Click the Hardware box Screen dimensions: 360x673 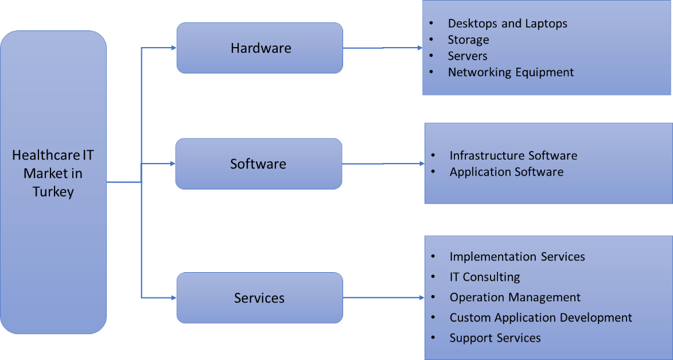(259, 48)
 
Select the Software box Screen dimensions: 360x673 (258, 164)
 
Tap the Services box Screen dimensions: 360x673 (259, 298)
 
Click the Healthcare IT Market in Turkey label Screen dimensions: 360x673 (53, 173)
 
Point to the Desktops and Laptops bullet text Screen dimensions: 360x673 (507, 24)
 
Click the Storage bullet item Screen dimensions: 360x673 (468, 40)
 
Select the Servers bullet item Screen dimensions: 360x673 (468, 56)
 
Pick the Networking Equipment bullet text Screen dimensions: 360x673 (511, 72)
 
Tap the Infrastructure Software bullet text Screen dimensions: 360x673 (513, 156)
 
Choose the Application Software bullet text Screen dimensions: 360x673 (506, 172)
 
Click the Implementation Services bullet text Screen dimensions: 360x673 (517, 257)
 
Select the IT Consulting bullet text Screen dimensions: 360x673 (484, 277)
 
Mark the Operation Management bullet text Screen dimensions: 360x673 (515, 297)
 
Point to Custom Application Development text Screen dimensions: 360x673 (540, 318)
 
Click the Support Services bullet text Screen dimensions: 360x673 (495, 338)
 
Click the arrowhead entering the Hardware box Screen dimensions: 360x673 (173, 48)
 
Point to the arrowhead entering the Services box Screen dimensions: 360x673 (173, 297)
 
